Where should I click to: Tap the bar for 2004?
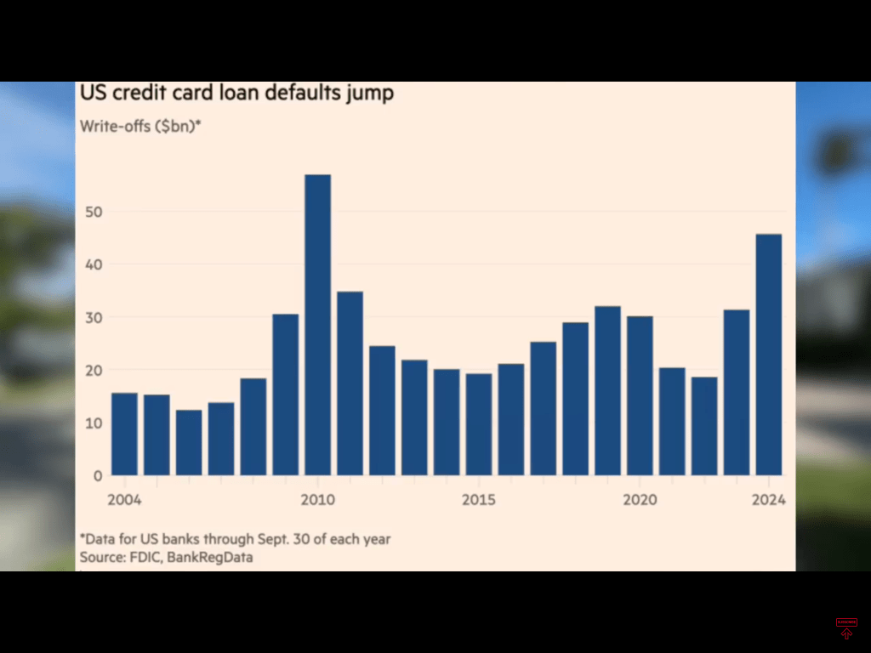click(x=124, y=434)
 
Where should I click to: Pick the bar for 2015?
click(x=479, y=424)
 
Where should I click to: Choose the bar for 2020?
click(x=640, y=395)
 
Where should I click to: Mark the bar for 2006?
click(x=189, y=442)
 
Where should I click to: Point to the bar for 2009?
click(x=285, y=395)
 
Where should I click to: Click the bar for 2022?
click(x=704, y=426)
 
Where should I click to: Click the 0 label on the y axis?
click(x=98, y=475)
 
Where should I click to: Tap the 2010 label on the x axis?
click(x=317, y=499)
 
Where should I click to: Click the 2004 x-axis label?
click(x=124, y=499)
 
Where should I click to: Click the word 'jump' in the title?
click(x=368, y=93)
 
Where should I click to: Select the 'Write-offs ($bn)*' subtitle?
click(x=140, y=127)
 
